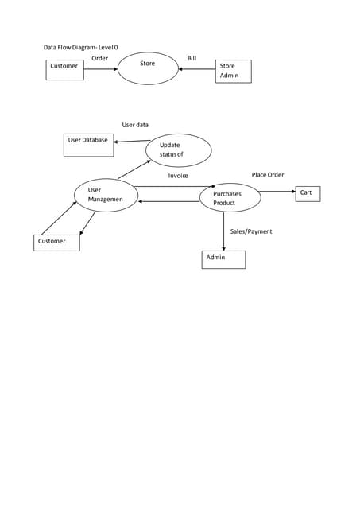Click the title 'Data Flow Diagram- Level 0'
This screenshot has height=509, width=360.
(x=80, y=48)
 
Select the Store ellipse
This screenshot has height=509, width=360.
(x=148, y=68)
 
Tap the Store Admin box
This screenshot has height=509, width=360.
(x=233, y=71)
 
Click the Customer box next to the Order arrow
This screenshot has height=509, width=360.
(x=64, y=69)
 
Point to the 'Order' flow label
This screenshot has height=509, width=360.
(x=99, y=58)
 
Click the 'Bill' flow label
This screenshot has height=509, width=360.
(x=192, y=58)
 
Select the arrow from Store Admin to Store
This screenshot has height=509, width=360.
(x=197, y=69)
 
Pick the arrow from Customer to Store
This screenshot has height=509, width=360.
(x=101, y=69)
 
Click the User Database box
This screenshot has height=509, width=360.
(x=88, y=145)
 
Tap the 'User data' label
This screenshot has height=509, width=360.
(x=135, y=125)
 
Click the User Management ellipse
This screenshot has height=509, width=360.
(x=106, y=195)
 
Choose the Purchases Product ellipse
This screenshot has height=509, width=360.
(x=230, y=198)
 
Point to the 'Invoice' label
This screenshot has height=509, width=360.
(x=178, y=175)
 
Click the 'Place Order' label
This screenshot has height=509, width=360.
(x=267, y=174)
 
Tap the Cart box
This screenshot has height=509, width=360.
(x=308, y=193)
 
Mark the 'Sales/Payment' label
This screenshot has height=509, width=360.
(x=250, y=231)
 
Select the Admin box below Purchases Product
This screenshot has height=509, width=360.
(x=223, y=259)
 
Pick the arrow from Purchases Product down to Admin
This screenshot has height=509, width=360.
(x=223, y=231)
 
